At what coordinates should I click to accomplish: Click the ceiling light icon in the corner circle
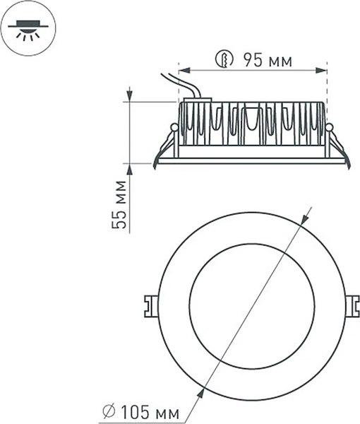tap(27, 29)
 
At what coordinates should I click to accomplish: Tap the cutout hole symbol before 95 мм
tap(224, 60)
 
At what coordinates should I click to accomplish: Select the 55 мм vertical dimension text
tap(121, 205)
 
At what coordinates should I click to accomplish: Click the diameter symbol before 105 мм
tap(109, 409)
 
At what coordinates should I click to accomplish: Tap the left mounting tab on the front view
tap(149, 306)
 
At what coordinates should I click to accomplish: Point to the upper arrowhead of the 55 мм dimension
tap(130, 96)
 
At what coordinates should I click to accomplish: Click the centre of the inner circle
tap(252, 305)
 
